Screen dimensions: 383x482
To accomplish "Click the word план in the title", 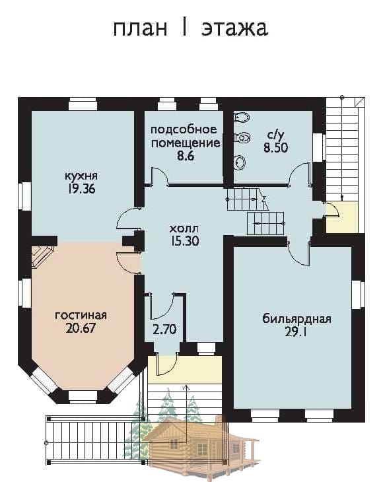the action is (x=141, y=28).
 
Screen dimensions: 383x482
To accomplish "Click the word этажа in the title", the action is (x=234, y=28).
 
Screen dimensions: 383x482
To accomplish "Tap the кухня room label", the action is (x=81, y=176).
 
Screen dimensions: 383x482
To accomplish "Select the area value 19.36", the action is (x=82, y=189).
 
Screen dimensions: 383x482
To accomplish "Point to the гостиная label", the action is (x=81, y=316).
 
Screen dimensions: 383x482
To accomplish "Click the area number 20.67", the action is (x=81, y=328).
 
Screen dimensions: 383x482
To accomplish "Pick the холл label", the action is (x=184, y=228).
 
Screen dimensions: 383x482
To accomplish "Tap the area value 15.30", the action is (x=186, y=241).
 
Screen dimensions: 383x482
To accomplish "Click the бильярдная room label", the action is (x=296, y=319).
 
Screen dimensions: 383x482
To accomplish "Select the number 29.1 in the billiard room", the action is (x=295, y=332).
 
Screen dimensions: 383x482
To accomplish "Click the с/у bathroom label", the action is (x=276, y=135).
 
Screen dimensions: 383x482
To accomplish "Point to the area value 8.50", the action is (x=276, y=148).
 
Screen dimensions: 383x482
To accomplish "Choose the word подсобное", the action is (x=184, y=129).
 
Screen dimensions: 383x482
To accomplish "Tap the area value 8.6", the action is (x=186, y=156).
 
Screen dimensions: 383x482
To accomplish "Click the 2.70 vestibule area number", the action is (x=164, y=330).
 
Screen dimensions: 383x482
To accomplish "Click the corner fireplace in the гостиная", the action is (x=42, y=256).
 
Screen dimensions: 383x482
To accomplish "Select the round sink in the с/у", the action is (x=239, y=162).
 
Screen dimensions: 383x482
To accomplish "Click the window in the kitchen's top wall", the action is (x=83, y=104).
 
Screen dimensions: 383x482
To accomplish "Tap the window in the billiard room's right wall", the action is (x=358, y=294).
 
